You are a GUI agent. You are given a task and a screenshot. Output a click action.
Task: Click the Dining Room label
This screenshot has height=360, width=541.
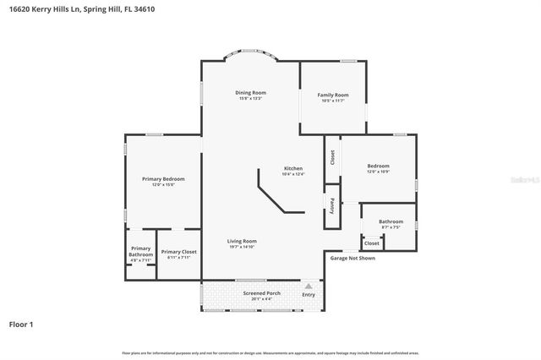(250, 92)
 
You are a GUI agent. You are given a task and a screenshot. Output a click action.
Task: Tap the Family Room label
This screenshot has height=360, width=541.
(333, 95)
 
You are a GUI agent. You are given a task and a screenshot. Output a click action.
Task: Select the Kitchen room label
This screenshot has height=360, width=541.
(292, 168)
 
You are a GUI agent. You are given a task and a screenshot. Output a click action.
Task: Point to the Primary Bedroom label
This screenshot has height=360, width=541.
(163, 178)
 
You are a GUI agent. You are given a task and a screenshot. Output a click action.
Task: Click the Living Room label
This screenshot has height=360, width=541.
(242, 241)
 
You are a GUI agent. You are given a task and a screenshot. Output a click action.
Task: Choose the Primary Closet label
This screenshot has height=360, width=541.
(178, 251)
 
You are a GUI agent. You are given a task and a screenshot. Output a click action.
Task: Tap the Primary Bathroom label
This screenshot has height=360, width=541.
(140, 251)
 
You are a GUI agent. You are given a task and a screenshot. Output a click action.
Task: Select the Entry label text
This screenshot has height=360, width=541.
(309, 294)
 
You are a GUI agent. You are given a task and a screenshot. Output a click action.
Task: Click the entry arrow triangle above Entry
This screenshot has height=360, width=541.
(309, 286)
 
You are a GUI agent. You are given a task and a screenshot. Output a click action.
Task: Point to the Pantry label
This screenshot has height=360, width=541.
(332, 205)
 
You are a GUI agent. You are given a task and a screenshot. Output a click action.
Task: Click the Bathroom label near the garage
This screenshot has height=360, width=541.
(391, 221)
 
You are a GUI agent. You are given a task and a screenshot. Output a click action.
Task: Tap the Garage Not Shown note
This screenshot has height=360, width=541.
(352, 258)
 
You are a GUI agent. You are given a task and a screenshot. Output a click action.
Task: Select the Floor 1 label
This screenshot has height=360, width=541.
(21, 324)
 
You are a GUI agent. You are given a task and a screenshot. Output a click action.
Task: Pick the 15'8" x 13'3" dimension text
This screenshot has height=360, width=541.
(250, 98)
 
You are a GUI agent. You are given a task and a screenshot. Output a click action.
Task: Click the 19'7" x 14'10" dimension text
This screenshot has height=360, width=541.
(242, 247)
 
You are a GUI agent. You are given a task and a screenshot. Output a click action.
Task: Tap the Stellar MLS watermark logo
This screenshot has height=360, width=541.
(522, 179)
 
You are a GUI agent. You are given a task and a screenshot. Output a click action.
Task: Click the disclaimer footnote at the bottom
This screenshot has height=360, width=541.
(270, 352)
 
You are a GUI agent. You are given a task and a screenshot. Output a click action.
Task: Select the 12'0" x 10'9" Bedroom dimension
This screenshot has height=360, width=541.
(378, 172)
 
